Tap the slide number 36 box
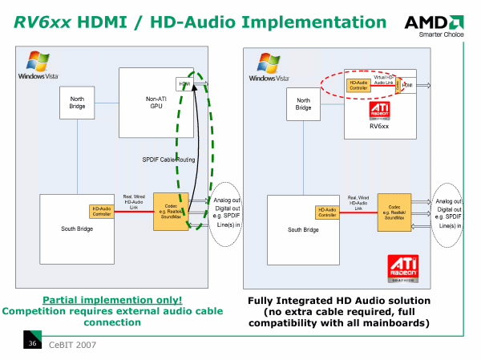point(33,344)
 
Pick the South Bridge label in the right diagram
point(303,229)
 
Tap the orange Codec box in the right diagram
point(394,212)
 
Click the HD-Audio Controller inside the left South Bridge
point(102,211)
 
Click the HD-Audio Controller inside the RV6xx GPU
point(358,83)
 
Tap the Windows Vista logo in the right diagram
point(268,67)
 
